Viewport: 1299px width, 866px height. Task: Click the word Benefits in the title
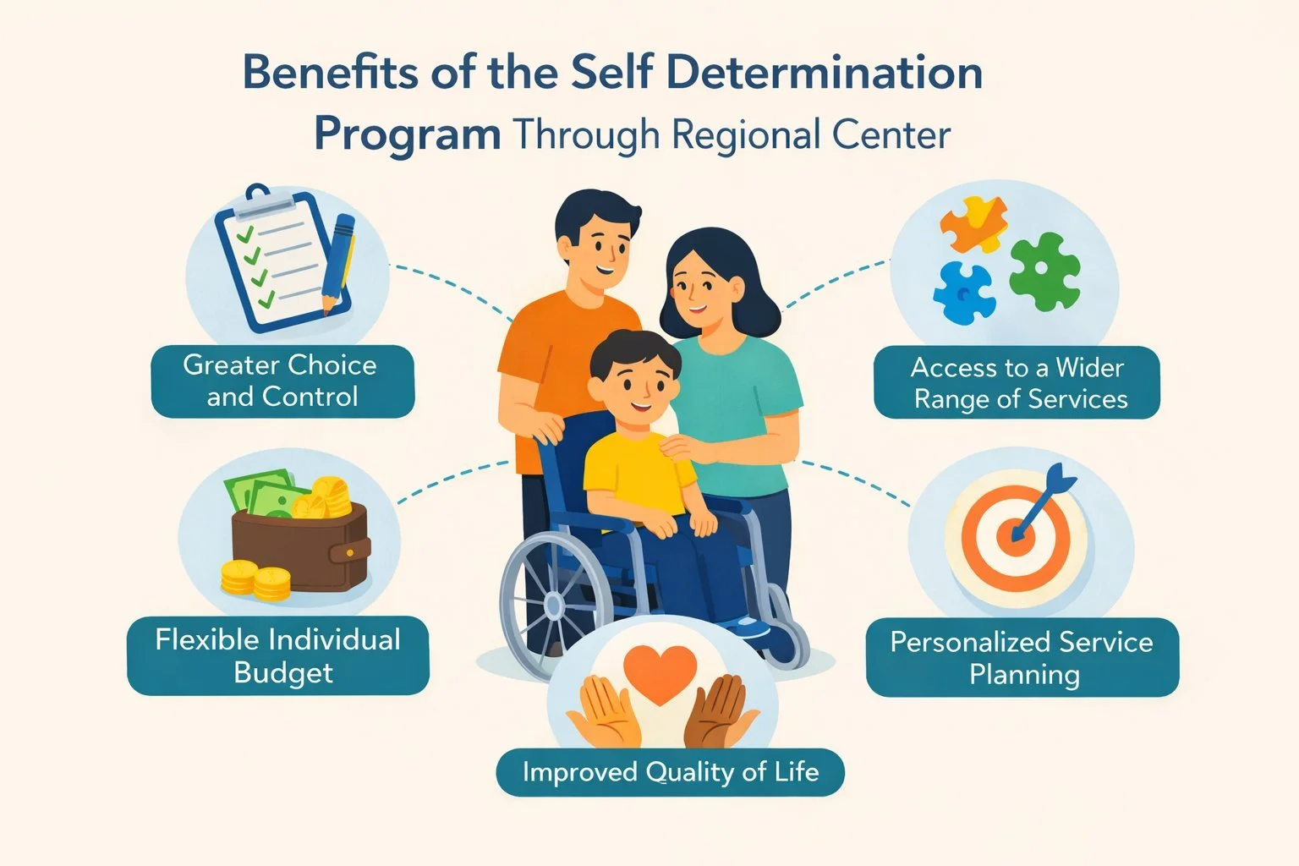331,73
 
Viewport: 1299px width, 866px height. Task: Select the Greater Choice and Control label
282,381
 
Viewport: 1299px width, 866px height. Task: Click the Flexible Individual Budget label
278,655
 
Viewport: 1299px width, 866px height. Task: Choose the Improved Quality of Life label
670,771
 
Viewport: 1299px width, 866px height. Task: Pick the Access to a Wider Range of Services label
1017,383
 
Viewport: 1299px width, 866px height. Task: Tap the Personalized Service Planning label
1022,658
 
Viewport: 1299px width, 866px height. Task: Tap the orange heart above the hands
659,672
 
